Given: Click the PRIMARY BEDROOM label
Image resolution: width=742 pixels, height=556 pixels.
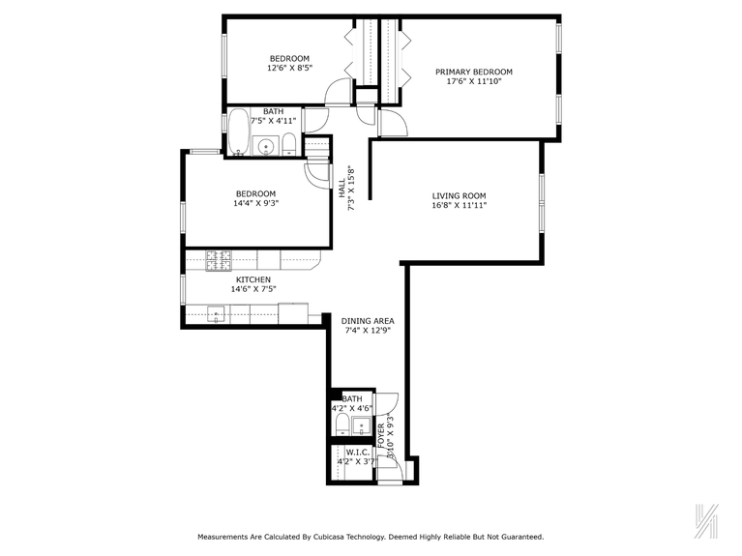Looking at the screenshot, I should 473,72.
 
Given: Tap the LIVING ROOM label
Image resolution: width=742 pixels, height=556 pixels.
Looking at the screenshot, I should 459,196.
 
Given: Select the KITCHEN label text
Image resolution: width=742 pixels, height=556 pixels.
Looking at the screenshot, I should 253,279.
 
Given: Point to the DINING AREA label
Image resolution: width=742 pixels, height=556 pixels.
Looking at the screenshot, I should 368,321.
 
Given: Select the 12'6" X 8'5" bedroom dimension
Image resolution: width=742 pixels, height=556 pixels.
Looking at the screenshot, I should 288,69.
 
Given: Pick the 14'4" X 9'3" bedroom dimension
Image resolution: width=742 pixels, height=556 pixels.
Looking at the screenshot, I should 255,203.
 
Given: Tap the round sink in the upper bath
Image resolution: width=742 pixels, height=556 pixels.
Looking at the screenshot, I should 265,147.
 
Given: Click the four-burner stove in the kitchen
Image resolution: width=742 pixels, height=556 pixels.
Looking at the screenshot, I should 220,259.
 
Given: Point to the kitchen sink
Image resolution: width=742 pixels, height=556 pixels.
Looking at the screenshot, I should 217,312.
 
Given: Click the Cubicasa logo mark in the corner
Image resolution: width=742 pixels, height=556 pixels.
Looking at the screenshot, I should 709,520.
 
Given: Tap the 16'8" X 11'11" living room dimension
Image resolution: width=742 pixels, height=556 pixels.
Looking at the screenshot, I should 459,206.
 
